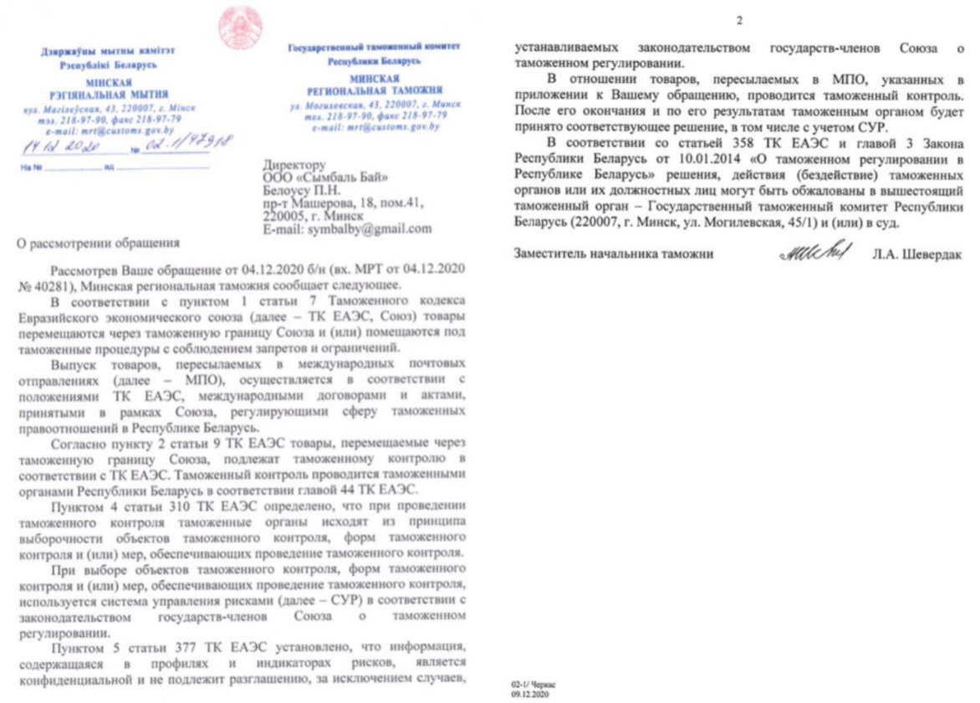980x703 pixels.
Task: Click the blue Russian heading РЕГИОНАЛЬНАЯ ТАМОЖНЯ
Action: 373,90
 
